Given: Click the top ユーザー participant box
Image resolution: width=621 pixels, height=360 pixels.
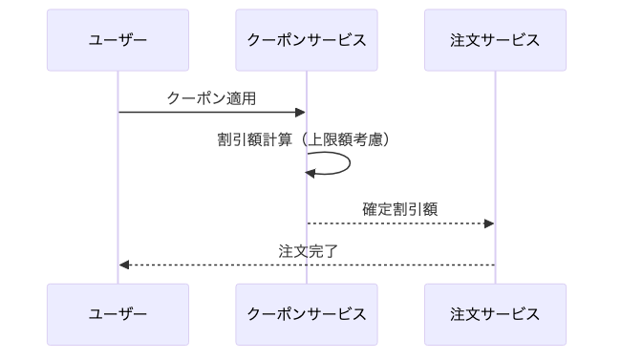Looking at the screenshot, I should click(x=118, y=40).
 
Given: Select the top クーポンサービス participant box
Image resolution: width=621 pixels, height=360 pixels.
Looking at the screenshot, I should click(x=307, y=40).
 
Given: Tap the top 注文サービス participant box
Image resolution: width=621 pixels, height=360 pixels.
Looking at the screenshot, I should click(x=495, y=40).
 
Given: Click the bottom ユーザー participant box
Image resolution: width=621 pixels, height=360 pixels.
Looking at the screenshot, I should click(x=118, y=314).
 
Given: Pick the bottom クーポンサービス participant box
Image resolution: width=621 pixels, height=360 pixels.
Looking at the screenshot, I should click(x=307, y=314).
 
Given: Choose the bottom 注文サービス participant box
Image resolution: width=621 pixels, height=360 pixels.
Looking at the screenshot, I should click(x=495, y=314).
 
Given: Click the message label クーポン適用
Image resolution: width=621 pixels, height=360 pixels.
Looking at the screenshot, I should click(x=211, y=97).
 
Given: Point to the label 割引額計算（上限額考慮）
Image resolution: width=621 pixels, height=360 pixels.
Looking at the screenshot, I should click(x=307, y=139).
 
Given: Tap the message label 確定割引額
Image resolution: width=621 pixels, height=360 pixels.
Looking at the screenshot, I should click(x=400, y=209).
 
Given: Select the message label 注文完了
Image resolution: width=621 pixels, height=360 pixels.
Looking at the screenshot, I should click(x=307, y=251).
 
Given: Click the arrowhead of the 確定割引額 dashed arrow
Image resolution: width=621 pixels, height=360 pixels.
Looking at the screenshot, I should click(x=489, y=223).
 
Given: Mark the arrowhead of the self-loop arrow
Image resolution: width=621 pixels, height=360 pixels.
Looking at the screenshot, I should click(x=310, y=173).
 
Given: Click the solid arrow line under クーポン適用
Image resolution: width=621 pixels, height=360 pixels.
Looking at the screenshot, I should click(x=210, y=113).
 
